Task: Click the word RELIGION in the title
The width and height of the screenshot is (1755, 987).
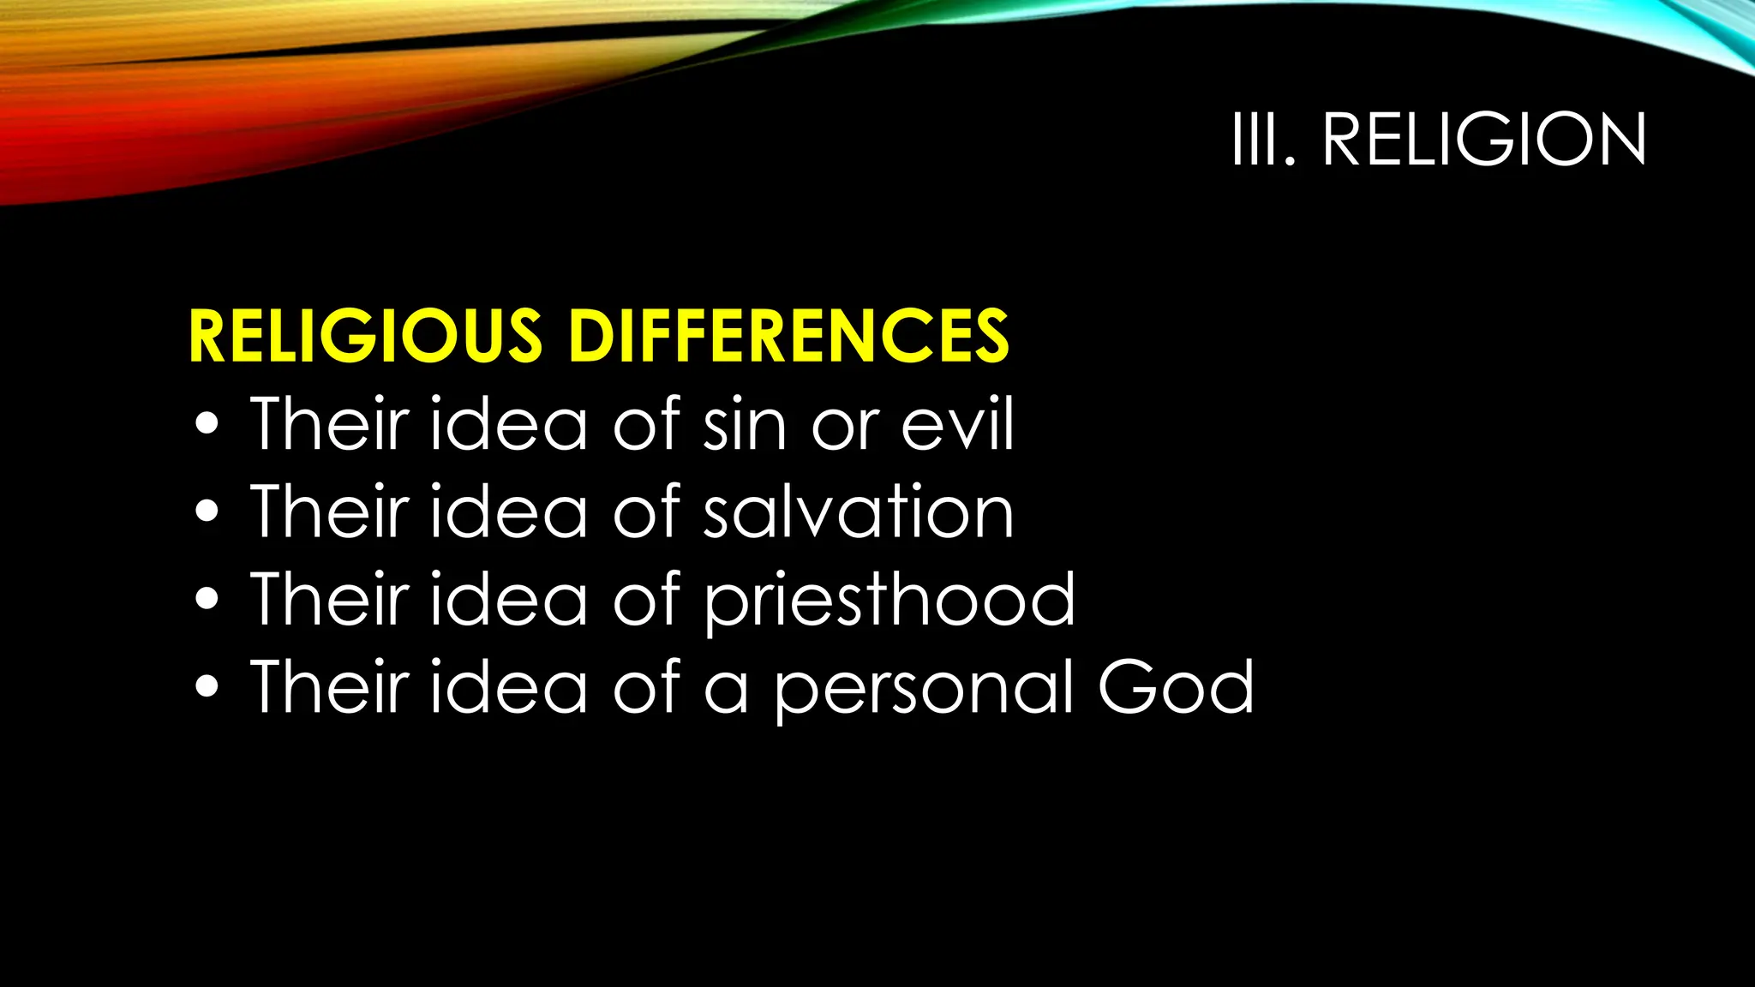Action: (1483, 139)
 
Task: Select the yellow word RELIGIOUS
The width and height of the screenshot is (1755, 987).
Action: (365, 336)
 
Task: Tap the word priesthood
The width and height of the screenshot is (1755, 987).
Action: (889, 600)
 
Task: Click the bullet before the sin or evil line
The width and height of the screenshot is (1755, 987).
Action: (207, 425)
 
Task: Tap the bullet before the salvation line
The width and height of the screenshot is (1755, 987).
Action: (207, 512)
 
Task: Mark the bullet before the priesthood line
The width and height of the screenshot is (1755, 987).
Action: (207, 600)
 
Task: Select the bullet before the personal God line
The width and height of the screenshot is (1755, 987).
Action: (207, 688)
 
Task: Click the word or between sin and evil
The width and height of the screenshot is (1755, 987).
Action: (845, 426)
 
